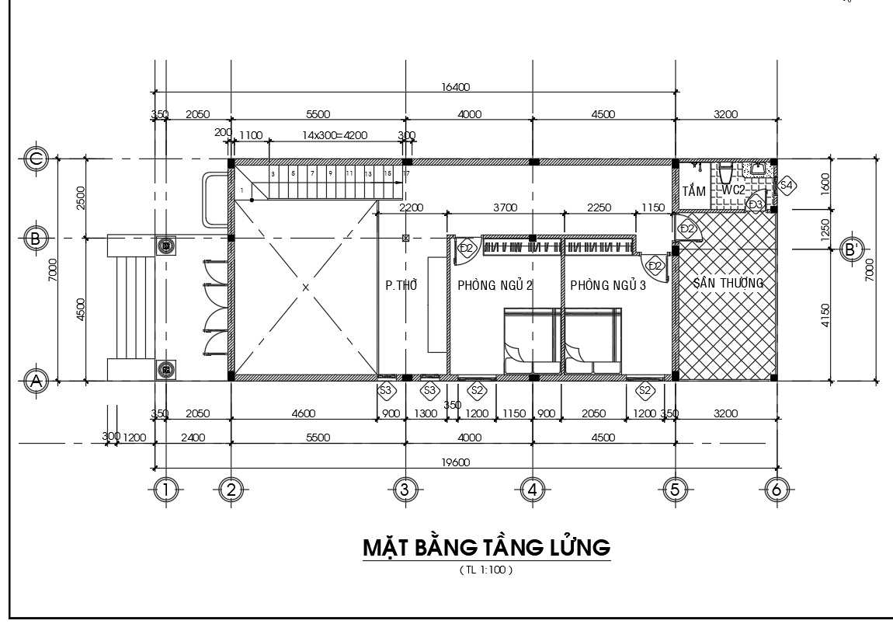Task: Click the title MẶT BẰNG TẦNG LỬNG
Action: pos(487,548)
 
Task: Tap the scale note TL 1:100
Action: pos(487,570)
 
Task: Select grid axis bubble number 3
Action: pos(404,489)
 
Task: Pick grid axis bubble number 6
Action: pos(775,489)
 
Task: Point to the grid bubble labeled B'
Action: pos(853,249)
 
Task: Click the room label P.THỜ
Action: pos(401,285)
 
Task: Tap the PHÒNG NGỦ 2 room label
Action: pos(495,285)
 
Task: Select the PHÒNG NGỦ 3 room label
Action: pos(608,285)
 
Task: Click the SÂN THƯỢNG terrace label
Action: pos(728,283)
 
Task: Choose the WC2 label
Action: pos(734,190)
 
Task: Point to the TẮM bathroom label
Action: pos(693,190)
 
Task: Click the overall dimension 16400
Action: pos(455,87)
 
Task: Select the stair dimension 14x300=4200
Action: pos(334,134)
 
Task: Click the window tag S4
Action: pos(786,185)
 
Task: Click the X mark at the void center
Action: pos(305,288)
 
